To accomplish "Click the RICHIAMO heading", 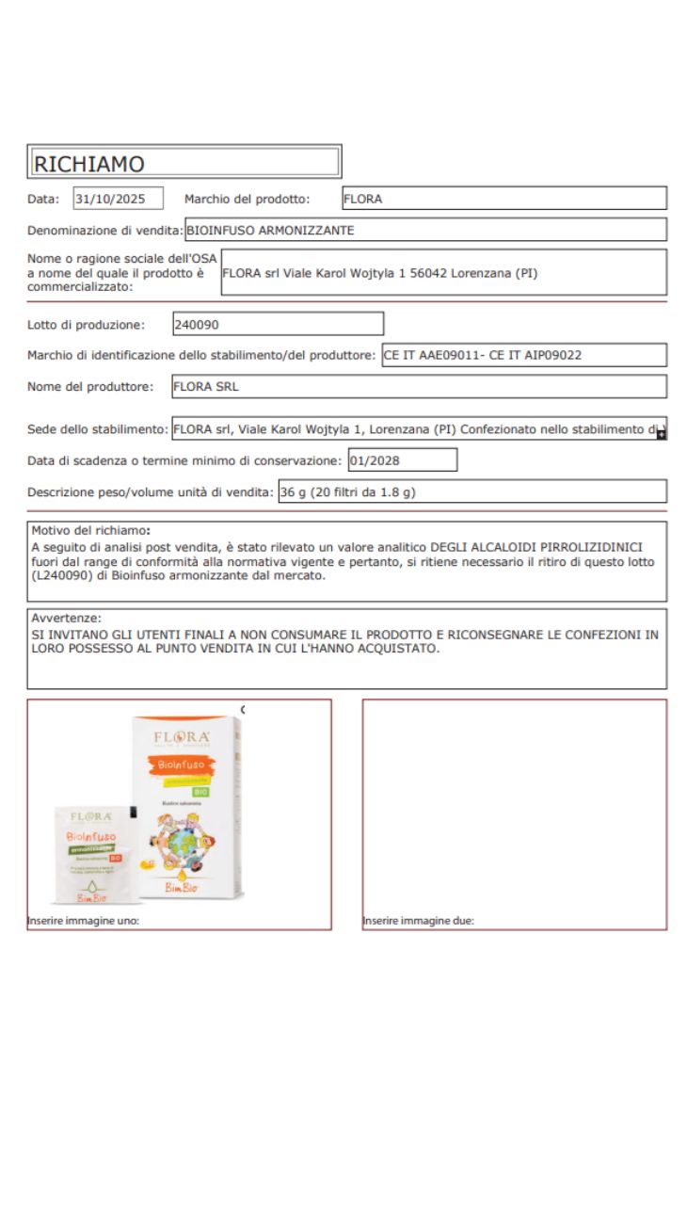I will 89,164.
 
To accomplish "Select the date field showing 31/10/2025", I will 118,199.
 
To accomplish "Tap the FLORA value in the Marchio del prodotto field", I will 363,199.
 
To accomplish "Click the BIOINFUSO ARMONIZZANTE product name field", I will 270,230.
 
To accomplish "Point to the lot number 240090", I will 197,325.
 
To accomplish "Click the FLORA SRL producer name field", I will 206,386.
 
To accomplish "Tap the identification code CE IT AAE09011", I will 427,355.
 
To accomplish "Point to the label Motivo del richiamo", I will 90,530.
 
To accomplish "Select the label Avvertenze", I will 65,619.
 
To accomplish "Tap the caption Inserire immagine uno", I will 84,921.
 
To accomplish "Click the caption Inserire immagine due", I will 419,921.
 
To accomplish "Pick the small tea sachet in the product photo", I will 91,853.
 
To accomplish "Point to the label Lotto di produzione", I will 87,326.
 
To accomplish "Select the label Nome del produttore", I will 90,387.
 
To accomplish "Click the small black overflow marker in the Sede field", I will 662,434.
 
